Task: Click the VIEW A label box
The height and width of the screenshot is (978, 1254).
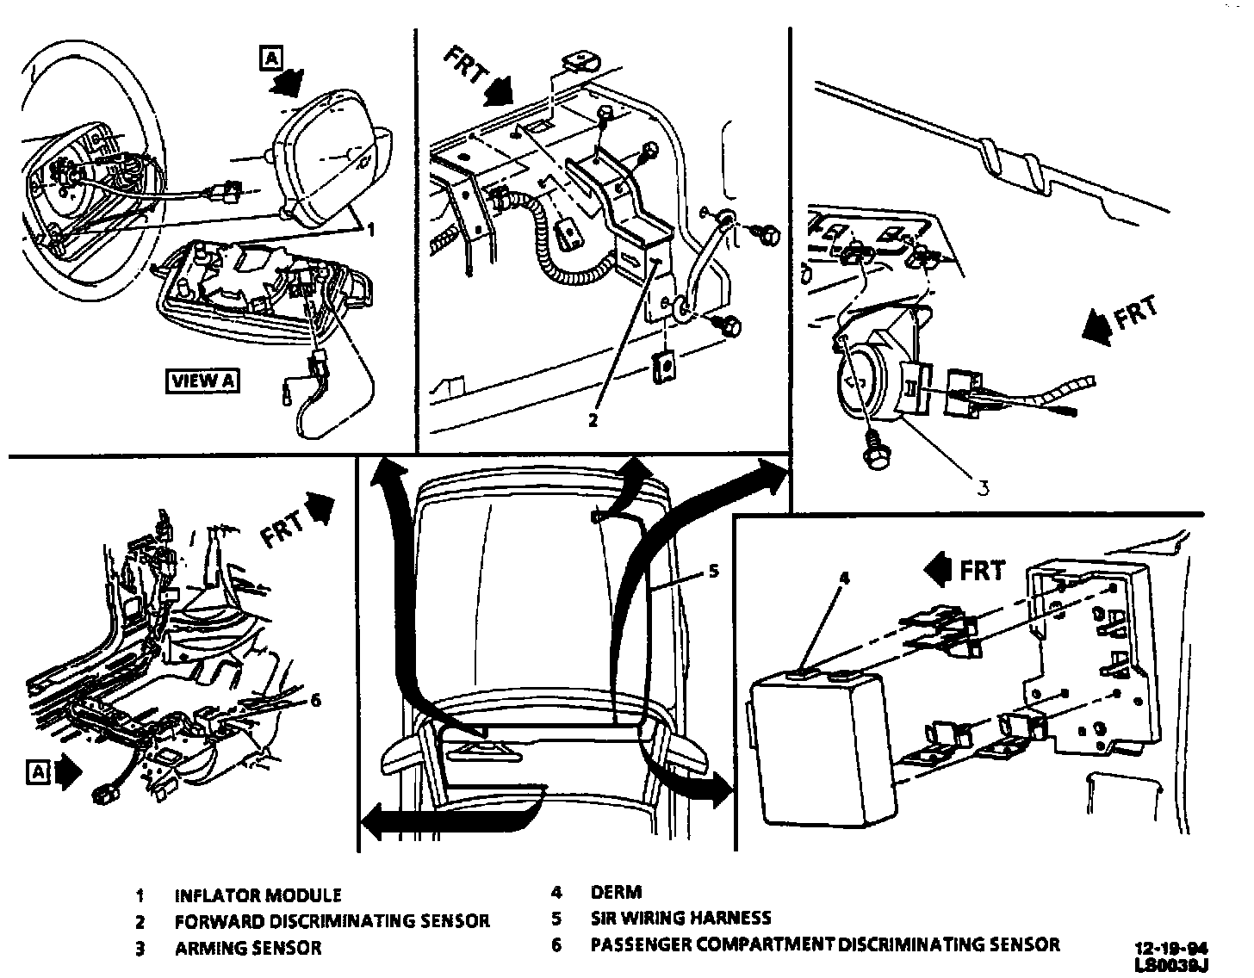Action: (x=203, y=381)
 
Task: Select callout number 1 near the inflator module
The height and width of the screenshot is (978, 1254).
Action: (x=370, y=230)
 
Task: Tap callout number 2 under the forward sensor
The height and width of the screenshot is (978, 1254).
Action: (x=592, y=421)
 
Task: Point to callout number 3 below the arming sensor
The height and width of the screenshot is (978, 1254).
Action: (x=982, y=488)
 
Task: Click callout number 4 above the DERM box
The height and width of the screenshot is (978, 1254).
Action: (x=844, y=579)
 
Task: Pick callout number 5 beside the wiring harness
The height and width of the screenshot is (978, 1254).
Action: (x=715, y=571)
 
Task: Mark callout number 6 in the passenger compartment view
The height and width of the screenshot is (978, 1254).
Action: (x=314, y=700)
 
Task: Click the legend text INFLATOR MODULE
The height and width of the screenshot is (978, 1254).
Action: (x=258, y=895)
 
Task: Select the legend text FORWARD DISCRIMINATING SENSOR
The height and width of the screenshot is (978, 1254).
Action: (x=332, y=921)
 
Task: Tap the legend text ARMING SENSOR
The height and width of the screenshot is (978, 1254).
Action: (x=248, y=948)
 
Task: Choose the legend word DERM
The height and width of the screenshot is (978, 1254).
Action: (x=616, y=893)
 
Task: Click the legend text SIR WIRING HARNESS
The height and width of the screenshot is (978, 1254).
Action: (x=680, y=918)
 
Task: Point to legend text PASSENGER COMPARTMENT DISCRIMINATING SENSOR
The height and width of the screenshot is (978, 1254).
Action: (x=824, y=944)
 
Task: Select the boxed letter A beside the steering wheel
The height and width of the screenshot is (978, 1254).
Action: (x=271, y=59)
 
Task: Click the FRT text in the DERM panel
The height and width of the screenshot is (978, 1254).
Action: (x=983, y=571)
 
